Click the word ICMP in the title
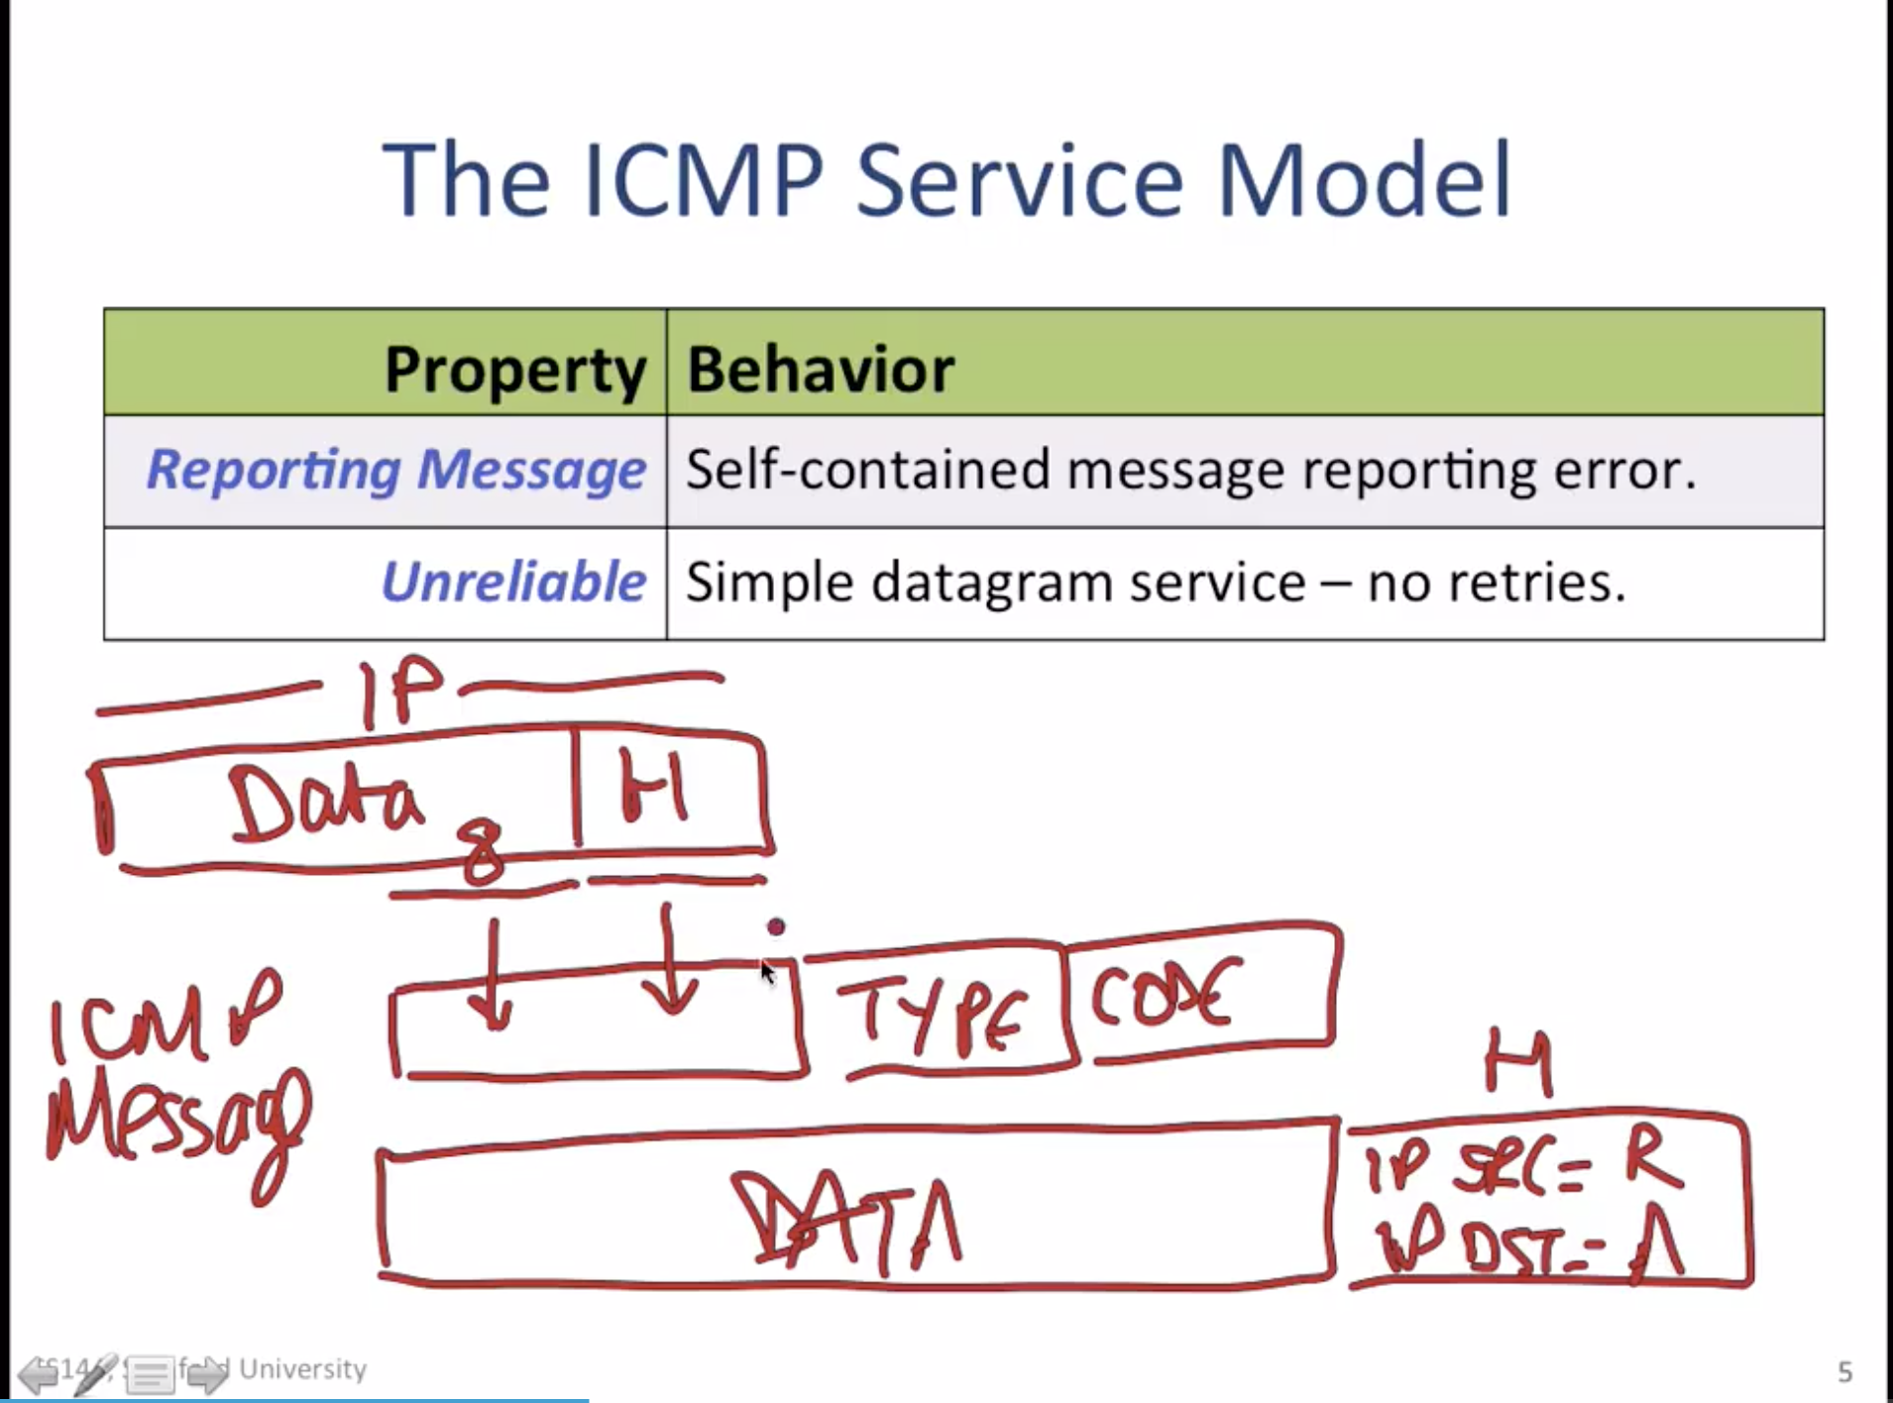[x=704, y=181]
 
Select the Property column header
[x=514, y=370]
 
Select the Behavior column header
[x=820, y=370]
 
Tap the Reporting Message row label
[x=396, y=470]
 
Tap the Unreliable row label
[x=513, y=582]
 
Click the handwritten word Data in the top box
[x=325, y=806]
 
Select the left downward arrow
[x=492, y=976]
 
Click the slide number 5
[x=1844, y=1371]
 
